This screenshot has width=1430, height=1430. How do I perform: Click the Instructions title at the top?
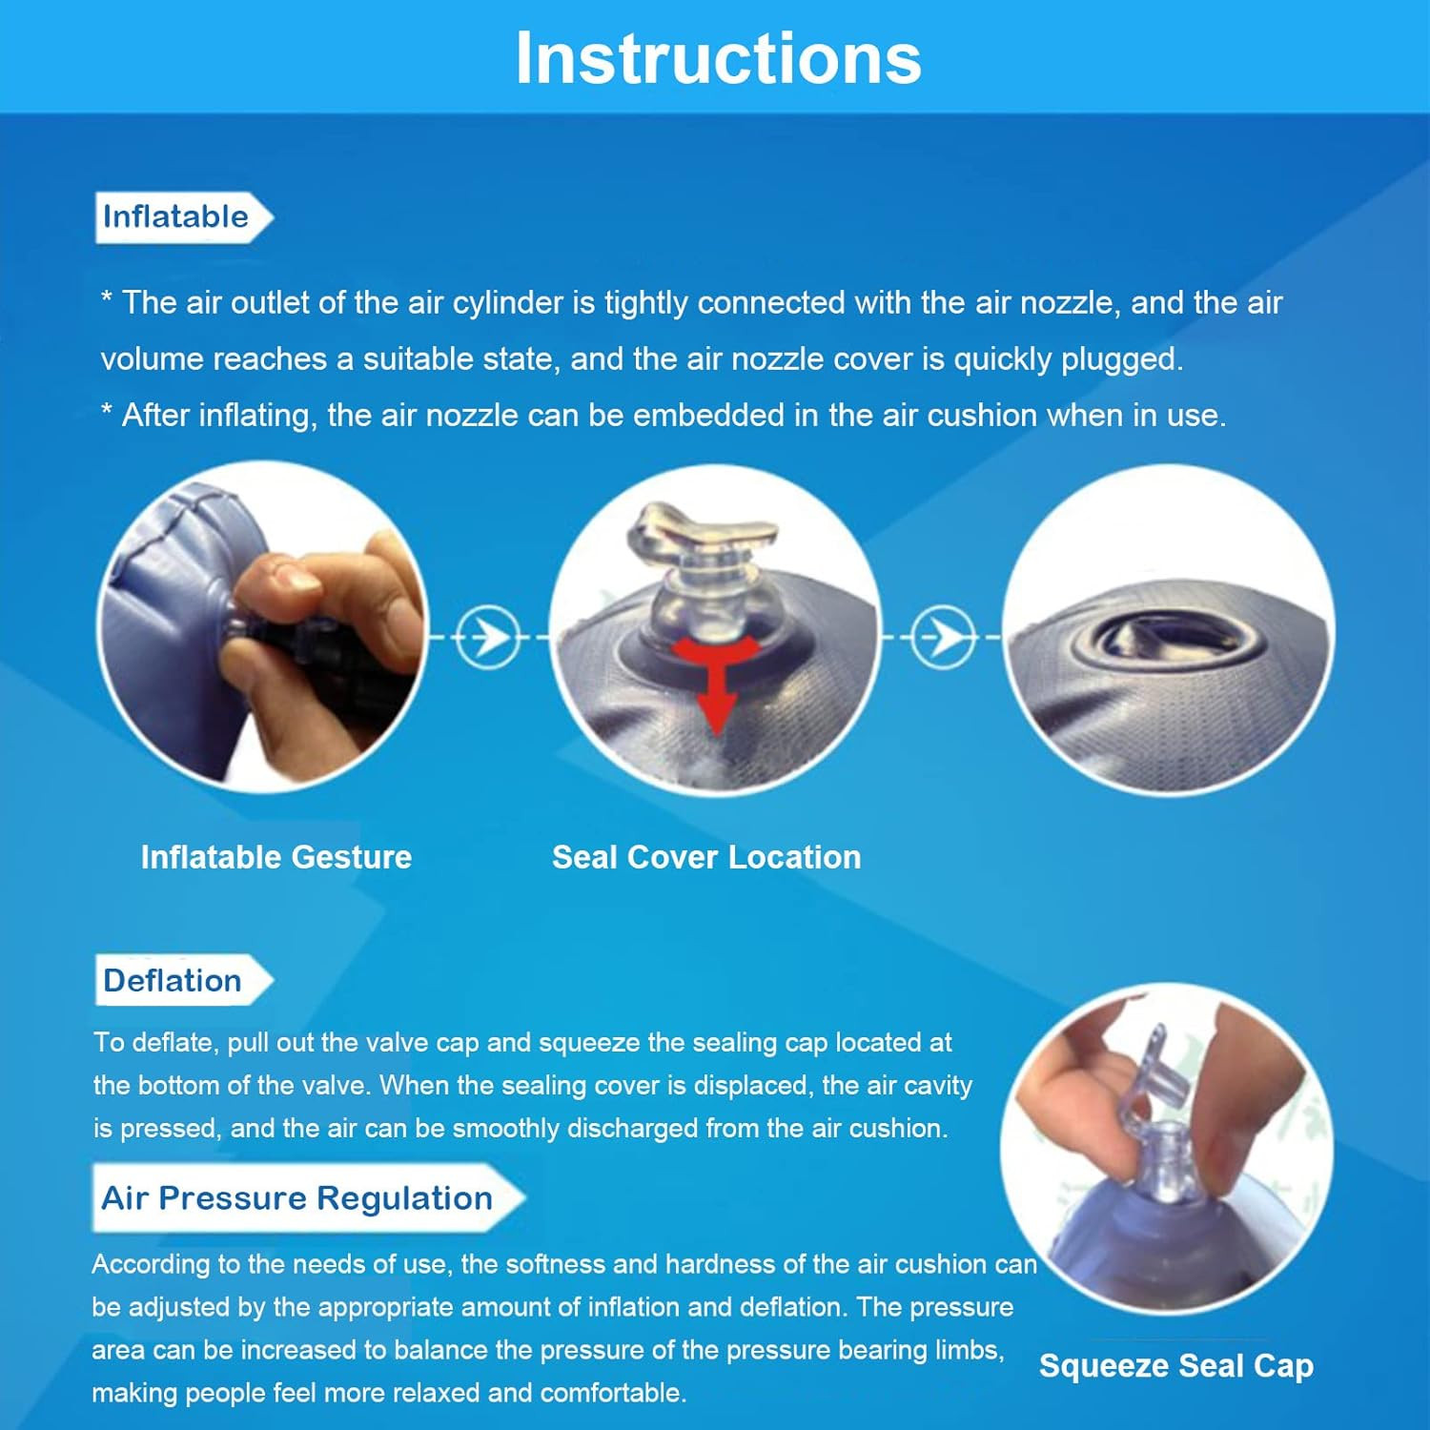coord(718,58)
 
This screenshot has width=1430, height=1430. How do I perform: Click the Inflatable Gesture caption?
coord(276,857)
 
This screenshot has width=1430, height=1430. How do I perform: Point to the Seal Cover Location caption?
coord(706,857)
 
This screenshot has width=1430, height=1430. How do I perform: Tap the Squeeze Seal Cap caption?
coord(1176,1366)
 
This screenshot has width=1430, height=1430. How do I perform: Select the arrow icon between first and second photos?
coord(488,636)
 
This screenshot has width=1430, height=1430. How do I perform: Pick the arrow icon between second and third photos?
coord(943,636)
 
